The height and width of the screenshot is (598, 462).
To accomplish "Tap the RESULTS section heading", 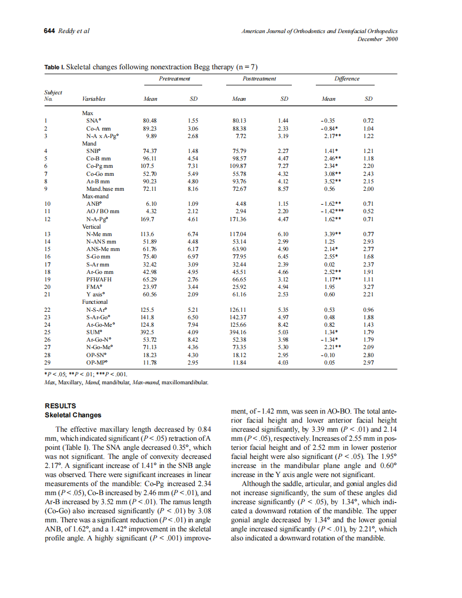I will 60,406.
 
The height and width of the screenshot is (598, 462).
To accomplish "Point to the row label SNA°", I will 94,121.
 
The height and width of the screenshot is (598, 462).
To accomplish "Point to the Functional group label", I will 94,302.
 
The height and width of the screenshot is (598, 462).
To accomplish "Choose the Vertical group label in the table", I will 91,227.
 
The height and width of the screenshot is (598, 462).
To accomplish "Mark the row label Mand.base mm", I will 105,189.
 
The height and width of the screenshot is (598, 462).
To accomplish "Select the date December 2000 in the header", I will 377,39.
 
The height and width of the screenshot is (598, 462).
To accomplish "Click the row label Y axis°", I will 96,294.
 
